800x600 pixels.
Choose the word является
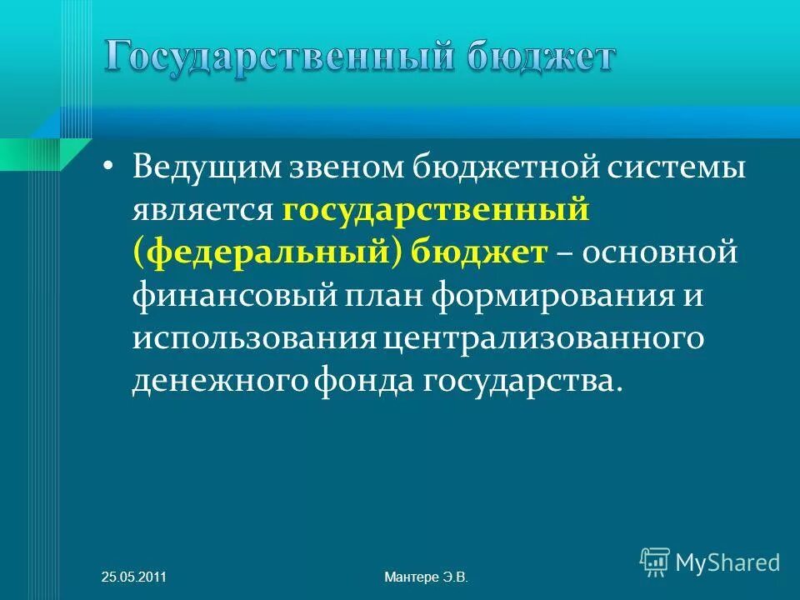202,211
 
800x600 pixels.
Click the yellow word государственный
436,211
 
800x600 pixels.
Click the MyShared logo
710,562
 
